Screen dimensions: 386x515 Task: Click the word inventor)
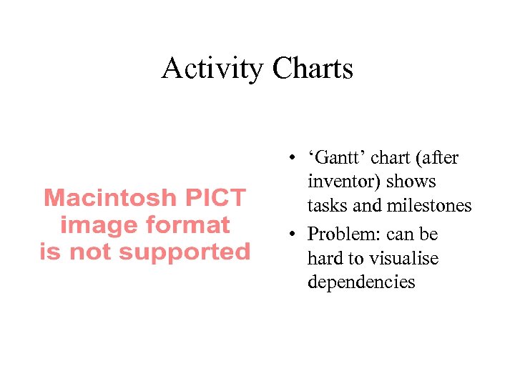point(345,182)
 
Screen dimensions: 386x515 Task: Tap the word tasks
point(327,206)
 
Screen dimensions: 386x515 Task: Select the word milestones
point(429,206)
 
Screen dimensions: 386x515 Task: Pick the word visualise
point(403,258)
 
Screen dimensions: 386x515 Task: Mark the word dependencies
point(361,282)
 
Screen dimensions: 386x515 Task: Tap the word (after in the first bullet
point(436,158)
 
